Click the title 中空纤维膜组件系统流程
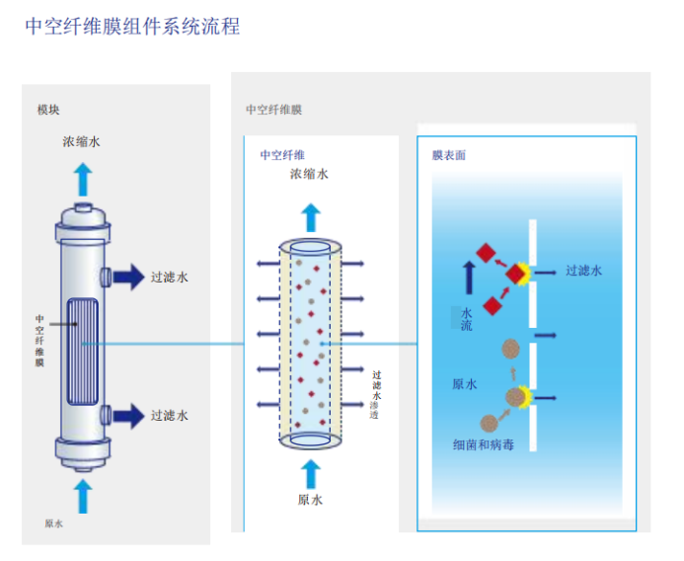tap(132, 27)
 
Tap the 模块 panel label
tap(48, 110)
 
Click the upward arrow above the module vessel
tap(82, 180)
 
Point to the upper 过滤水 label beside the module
tap(169, 278)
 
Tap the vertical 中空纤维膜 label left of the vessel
tap(40, 341)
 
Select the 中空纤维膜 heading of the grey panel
tap(273, 110)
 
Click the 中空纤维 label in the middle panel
tap(282, 155)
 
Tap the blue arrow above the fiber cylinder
tap(311, 214)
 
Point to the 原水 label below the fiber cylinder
tap(310, 500)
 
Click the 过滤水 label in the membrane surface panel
tap(583, 270)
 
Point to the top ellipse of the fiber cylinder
tap(311, 248)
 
